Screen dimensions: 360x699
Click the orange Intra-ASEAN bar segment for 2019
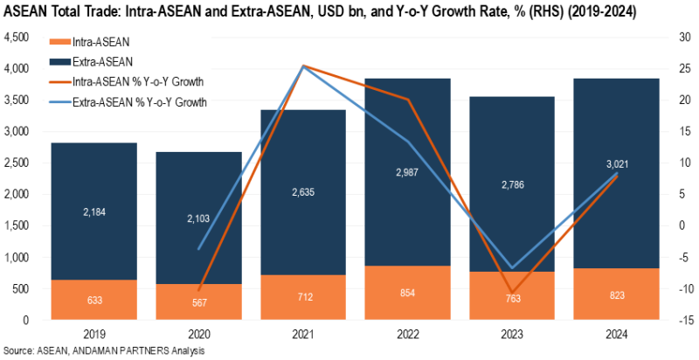93,299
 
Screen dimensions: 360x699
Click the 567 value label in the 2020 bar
198,303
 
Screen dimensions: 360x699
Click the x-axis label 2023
513,333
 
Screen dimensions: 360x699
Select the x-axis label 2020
198,333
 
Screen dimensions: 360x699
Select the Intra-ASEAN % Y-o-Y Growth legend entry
149,81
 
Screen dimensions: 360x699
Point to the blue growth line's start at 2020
198,249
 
